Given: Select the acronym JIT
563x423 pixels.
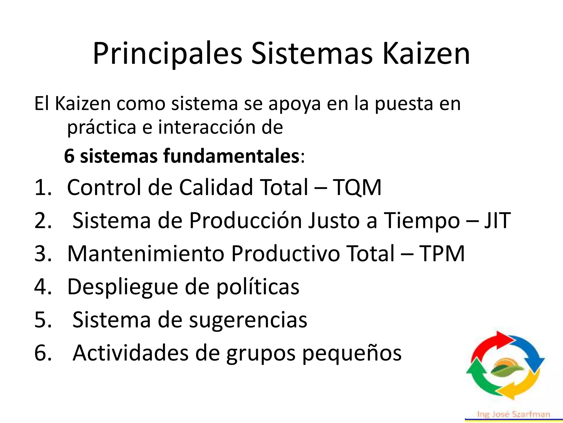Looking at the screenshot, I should click(497, 220).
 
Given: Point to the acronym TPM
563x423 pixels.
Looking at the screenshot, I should click(441, 253).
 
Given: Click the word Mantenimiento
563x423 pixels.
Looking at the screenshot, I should click(146, 253).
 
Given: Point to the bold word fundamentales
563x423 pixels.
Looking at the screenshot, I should click(231, 156).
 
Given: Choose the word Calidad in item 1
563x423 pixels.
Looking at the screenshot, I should click(216, 187).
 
